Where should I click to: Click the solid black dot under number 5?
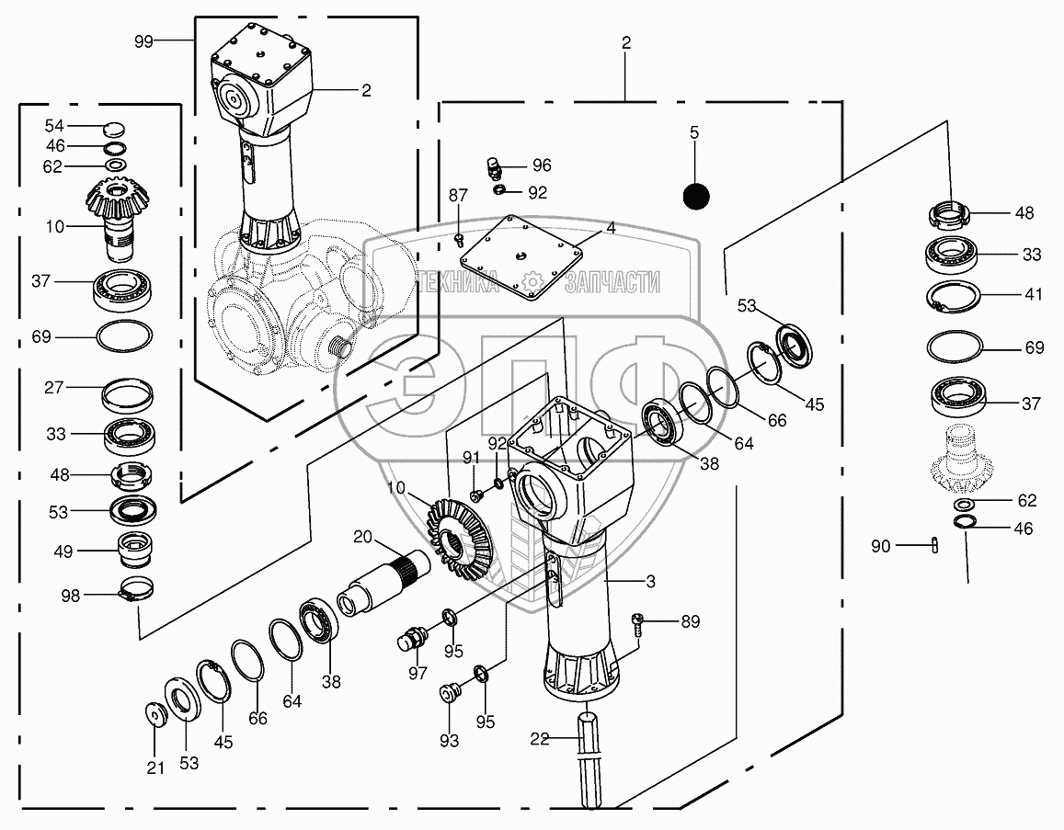(x=696, y=197)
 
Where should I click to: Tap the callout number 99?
(x=143, y=41)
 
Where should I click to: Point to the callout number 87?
(x=458, y=195)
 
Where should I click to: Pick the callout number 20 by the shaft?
(x=363, y=537)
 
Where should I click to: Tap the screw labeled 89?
(x=636, y=622)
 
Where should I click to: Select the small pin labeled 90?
(x=935, y=544)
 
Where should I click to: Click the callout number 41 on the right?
(x=1033, y=294)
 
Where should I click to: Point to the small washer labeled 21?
(x=156, y=715)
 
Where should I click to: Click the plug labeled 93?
(x=449, y=694)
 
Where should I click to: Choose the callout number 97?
(x=418, y=673)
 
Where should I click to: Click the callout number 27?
(x=54, y=387)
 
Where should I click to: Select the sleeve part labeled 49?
(x=135, y=550)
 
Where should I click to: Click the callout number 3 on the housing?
(x=651, y=581)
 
